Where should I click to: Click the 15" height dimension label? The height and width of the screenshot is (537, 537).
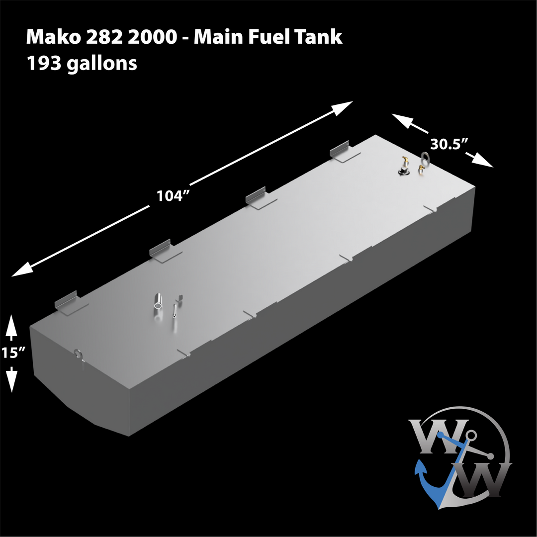12,353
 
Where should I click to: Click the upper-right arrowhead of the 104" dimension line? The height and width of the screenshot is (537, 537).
344,106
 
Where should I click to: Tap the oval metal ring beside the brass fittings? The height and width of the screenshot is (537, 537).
426,158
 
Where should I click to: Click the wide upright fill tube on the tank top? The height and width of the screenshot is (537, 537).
159,301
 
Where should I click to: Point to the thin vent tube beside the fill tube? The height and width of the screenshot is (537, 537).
175,310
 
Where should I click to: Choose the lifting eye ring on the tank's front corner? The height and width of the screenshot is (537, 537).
79,355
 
